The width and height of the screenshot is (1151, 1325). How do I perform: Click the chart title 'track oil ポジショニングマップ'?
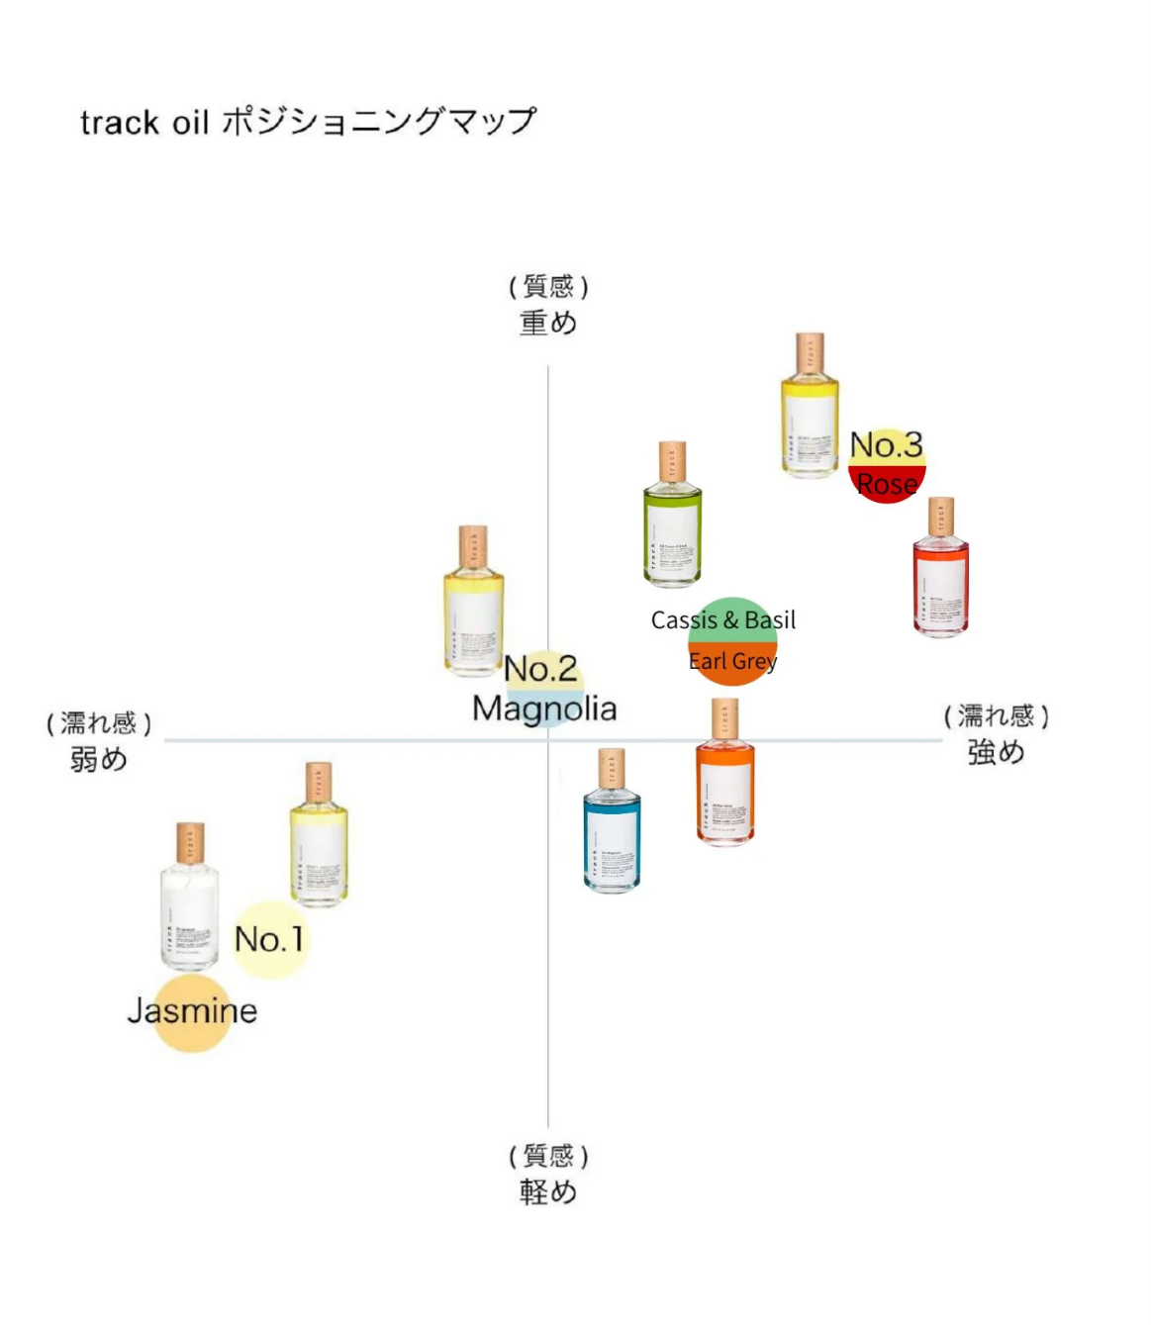pos(308,122)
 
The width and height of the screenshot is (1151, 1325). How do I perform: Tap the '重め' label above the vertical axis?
pos(548,323)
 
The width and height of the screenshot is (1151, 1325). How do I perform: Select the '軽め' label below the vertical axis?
pos(548,1191)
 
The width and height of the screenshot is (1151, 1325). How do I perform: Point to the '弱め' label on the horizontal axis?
pos(98,759)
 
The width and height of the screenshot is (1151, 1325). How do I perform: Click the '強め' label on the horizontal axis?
pos(996,752)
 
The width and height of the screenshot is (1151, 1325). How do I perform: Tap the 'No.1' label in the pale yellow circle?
pos(269,939)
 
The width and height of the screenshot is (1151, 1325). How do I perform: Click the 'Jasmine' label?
pos(192,1010)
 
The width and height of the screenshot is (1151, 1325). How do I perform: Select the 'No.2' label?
pos(540,669)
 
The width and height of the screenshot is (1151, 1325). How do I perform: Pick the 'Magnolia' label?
pos(544,709)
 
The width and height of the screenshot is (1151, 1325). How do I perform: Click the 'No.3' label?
pos(886,444)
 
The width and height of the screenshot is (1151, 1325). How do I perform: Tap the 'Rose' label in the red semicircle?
pos(887,484)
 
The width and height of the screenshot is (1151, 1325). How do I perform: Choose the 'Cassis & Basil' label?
pos(723,620)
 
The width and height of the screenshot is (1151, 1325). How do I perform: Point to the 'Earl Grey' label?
pos(732,661)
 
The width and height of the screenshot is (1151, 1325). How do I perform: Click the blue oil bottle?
pos(612,831)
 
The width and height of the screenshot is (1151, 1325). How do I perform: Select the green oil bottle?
pos(672,524)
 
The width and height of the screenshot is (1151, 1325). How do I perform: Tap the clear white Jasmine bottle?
pos(189,905)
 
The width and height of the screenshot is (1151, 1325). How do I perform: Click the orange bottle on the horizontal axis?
pos(725,782)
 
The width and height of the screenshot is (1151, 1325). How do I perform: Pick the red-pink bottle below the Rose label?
pos(940,579)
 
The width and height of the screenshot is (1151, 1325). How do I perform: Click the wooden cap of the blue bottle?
pos(612,768)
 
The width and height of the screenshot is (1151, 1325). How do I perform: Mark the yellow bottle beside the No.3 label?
pos(810,416)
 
